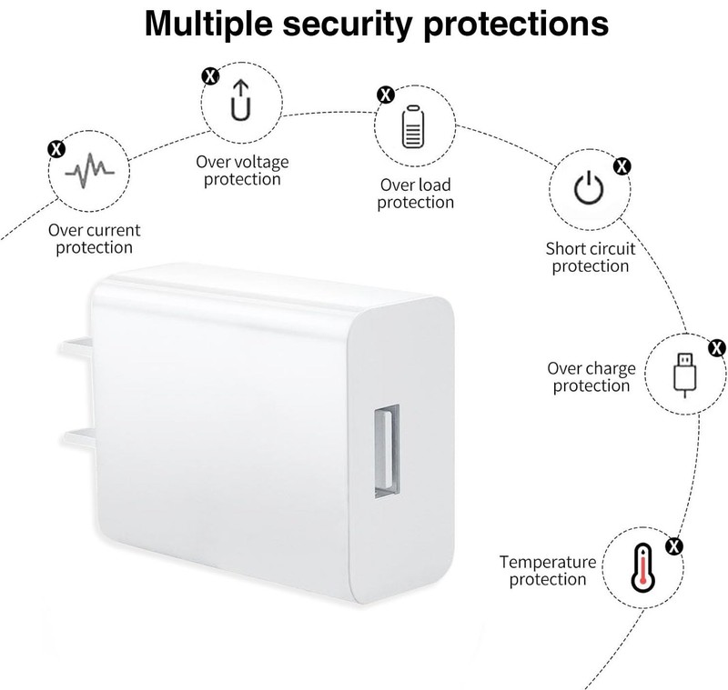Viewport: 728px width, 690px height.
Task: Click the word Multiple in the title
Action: click(x=208, y=25)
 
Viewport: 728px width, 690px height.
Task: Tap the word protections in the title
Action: click(x=516, y=25)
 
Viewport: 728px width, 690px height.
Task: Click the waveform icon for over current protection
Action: click(x=89, y=171)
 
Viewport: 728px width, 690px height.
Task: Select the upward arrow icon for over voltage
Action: click(x=241, y=100)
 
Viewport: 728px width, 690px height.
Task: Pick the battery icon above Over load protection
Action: click(x=413, y=126)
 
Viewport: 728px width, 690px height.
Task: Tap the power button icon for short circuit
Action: click(x=589, y=187)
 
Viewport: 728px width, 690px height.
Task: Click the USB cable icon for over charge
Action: click(x=685, y=375)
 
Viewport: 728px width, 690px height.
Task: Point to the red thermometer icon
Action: click(x=643, y=568)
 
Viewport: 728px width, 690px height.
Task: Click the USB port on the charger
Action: click(x=387, y=451)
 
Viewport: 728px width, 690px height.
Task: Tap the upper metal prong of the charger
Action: click(x=76, y=348)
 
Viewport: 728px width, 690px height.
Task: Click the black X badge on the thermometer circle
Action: click(x=674, y=546)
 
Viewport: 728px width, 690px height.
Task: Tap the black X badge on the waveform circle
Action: click(x=56, y=149)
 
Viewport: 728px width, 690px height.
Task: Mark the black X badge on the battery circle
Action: click(x=385, y=95)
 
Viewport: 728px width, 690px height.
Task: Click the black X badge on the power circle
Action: click(x=622, y=166)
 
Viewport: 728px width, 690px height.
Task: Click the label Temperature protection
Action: click(x=548, y=570)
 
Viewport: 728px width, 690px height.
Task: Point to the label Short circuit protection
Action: click(x=590, y=257)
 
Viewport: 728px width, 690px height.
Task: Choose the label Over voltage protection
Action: click(x=242, y=171)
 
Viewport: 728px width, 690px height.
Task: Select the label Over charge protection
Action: click(x=591, y=377)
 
